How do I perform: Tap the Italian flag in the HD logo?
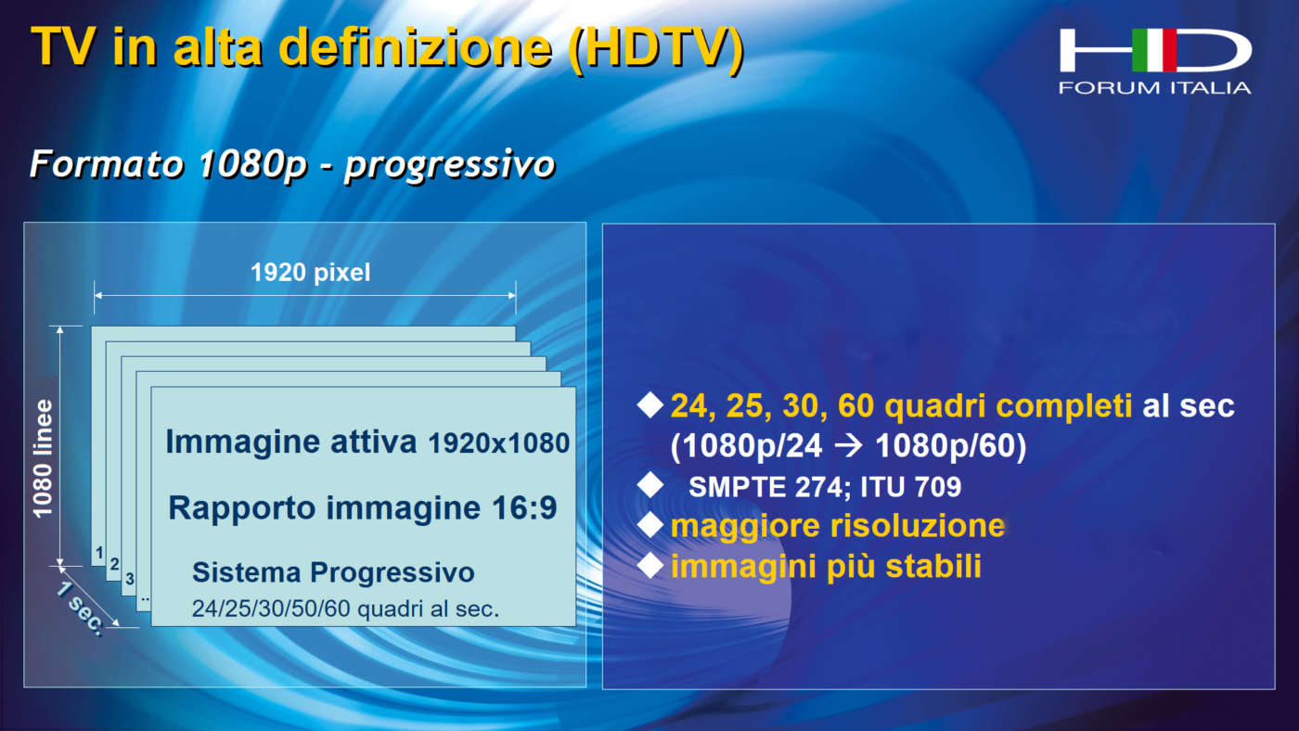(x=1154, y=50)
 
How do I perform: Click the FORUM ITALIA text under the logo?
(x=1154, y=88)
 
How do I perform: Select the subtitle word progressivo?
(x=450, y=165)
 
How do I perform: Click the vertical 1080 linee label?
(x=43, y=458)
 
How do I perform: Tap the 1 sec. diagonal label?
(x=82, y=609)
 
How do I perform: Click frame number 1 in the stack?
(x=99, y=553)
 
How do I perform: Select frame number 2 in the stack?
(x=114, y=564)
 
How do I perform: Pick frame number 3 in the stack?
(x=129, y=579)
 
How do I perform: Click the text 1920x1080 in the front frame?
(x=499, y=444)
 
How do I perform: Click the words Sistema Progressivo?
(x=333, y=572)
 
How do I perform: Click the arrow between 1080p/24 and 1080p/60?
(x=848, y=446)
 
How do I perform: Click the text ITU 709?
(x=910, y=487)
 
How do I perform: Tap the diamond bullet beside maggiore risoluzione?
(x=650, y=525)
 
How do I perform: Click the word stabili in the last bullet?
(x=933, y=567)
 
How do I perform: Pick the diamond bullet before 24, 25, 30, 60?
(x=650, y=404)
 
